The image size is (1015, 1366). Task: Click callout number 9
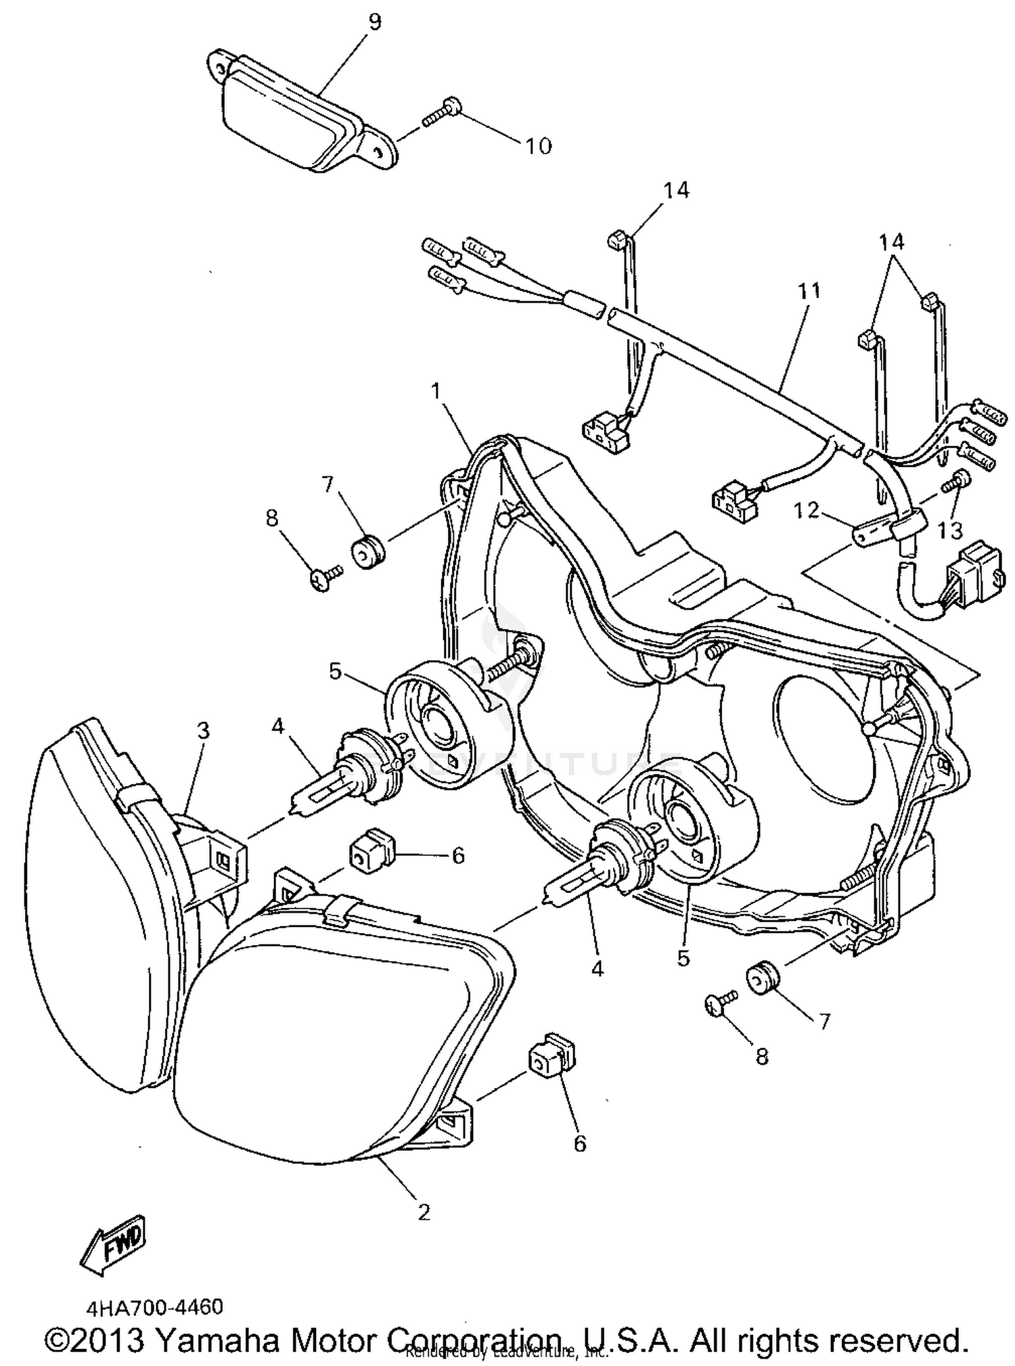point(374,22)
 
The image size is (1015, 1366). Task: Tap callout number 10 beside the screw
point(539,145)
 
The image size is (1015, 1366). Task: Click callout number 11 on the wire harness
point(809,291)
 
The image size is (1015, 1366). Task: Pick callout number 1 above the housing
point(436,391)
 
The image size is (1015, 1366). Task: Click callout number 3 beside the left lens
point(202,731)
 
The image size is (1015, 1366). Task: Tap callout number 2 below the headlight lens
point(424,1212)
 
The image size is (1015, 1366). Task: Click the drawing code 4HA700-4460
point(154,1306)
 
